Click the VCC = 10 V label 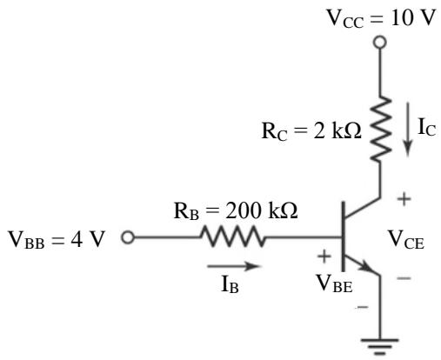tap(381, 18)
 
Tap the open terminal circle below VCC tap(379, 43)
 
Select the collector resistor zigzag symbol tap(381, 129)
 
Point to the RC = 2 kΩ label tap(311, 131)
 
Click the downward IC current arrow tap(408, 130)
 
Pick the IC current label tap(426, 128)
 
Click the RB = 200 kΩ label tap(236, 210)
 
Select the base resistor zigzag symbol tap(232, 237)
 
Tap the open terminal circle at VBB tap(128, 237)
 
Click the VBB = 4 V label tap(57, 240)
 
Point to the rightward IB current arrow tap(234, 266)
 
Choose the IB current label tap(230, 284)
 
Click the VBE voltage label tap(334, 283)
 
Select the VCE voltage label tap(406, 240)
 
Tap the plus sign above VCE tap(404, 199)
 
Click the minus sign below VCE tap(404, 278)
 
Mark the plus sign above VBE tap(324, 256)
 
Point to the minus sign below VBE tap(363, 307)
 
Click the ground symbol tap(380, 347)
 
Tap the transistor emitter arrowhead tap(366, 268)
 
